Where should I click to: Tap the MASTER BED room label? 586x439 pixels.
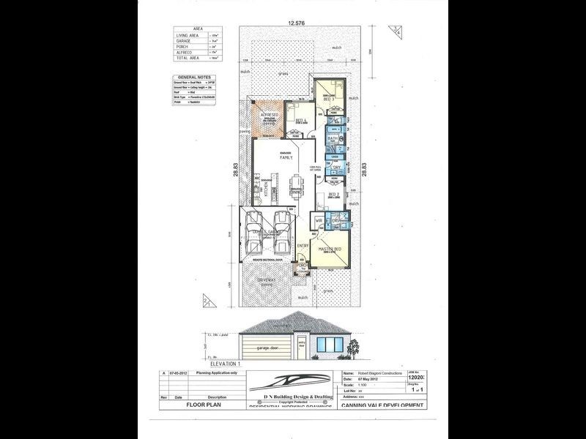[331, 249]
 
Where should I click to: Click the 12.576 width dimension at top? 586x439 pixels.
[297, 23]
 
